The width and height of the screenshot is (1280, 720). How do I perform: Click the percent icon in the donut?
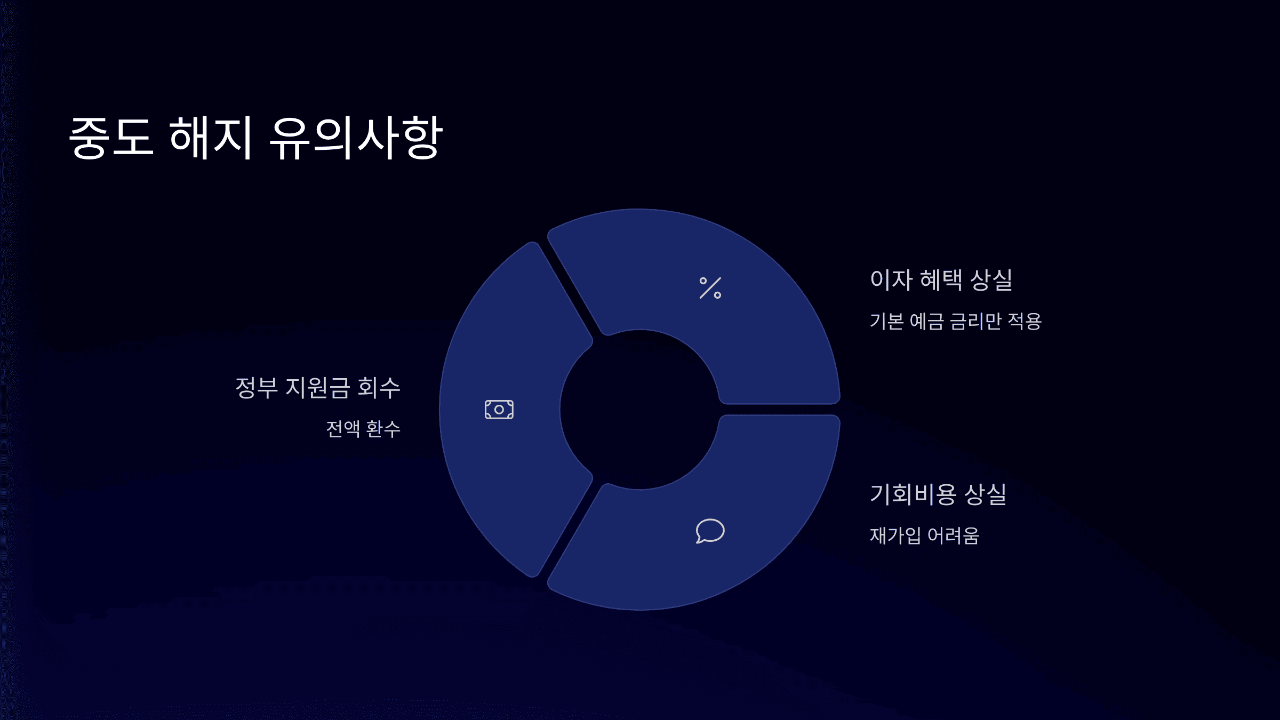(x=710, y=288)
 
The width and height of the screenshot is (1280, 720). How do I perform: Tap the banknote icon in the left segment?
(x=499, y=410)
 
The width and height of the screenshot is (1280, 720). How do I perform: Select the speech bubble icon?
(x=710, y=531)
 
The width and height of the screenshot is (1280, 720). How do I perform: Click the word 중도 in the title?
(x=111, y=138)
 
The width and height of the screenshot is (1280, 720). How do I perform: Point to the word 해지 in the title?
(x=210, y=138)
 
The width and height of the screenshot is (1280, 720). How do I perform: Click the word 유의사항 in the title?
(x=356, y=138)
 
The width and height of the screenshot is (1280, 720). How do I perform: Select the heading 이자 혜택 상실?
(x=941, y=280)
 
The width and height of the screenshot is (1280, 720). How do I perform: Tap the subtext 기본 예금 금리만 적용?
(x=955, y=322)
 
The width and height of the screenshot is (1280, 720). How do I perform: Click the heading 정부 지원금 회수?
(x=318, y=388)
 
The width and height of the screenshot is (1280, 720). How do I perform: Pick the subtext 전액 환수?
(x=363, y=429)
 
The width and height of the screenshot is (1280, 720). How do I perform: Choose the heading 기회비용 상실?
(x=938, y=494)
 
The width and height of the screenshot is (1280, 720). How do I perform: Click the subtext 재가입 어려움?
(x=924, y=535)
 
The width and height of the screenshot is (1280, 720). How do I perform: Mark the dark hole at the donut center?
(x=639, y=410)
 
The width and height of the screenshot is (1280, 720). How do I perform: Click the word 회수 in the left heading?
(x=379, y=388)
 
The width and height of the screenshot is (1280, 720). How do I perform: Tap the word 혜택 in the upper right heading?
(x=941, y=280)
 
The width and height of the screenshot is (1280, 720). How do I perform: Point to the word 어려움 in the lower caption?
(x=954, y=535)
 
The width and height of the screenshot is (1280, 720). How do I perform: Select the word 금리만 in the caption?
(x=975, y=322)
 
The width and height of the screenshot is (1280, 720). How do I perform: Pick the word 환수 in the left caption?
(x=383, y=429)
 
